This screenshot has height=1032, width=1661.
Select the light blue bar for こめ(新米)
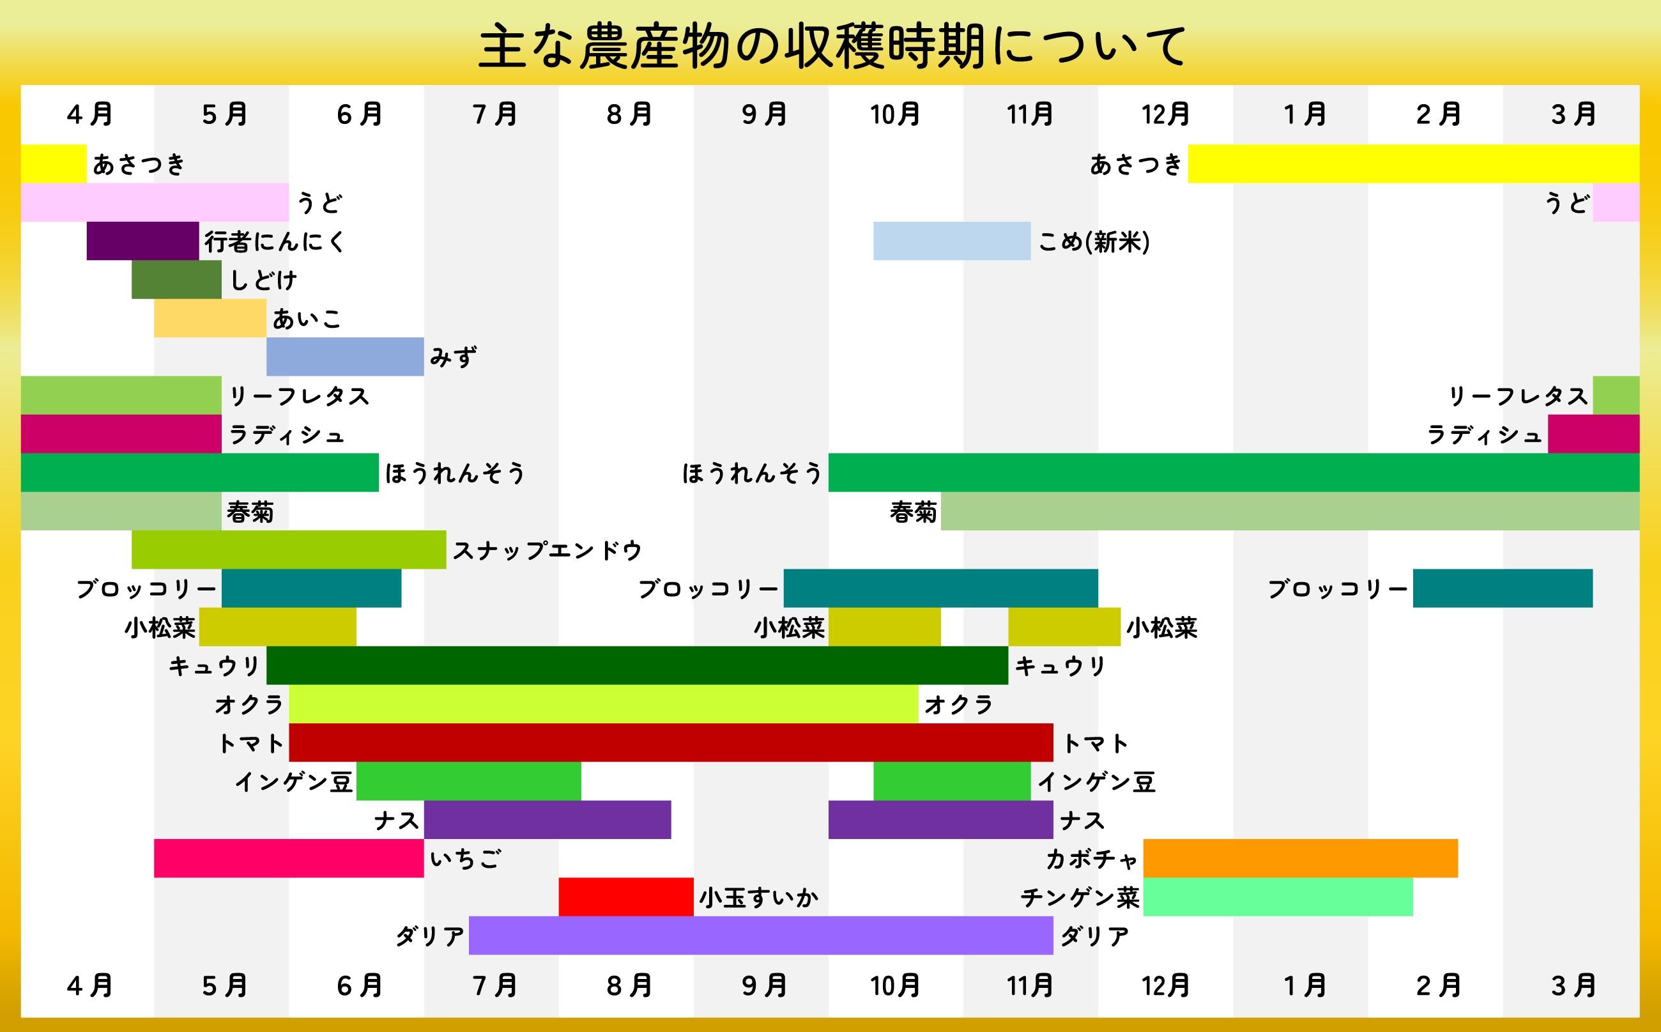951,241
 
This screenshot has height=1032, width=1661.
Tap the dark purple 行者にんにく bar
142,241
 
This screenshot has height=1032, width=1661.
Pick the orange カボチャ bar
1300,858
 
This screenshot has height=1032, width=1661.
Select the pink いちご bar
289,858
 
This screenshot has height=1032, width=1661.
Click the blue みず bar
344,357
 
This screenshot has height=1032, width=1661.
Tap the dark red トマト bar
671,743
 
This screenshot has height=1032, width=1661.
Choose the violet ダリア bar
761,935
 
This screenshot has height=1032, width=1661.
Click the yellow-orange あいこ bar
210,318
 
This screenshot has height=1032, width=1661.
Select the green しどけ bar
176,279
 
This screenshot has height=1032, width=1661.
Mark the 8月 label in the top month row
629,114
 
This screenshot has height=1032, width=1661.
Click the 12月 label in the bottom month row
1165,985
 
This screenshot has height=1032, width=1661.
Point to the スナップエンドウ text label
547,550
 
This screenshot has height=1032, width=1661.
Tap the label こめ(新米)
1094,242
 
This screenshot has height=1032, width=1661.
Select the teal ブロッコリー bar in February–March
1503,589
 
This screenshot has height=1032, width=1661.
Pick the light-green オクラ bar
603,704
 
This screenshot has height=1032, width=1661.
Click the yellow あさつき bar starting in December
1413,164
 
